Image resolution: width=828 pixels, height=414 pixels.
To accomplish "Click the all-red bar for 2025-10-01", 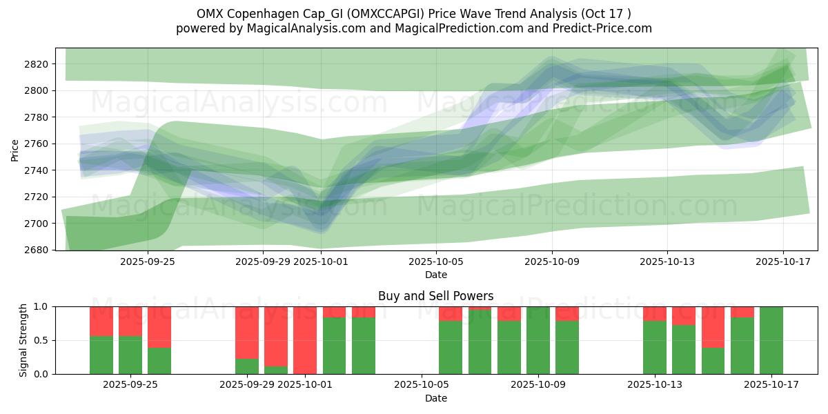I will tap(305, 340).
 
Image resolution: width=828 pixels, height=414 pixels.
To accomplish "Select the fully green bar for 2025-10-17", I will tap(771, 340).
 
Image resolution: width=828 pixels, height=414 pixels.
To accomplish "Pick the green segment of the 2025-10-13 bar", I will tap(654, 348).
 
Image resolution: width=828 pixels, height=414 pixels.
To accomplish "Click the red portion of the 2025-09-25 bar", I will tap(130, 321).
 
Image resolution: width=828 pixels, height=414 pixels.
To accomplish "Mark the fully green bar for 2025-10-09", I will tap(538, 340).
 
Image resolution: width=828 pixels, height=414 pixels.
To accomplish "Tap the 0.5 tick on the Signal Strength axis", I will tap(42, 340).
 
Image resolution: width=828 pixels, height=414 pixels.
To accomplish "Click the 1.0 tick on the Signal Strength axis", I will tap(42, 306).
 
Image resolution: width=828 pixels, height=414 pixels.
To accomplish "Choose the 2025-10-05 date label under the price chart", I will tap(436, 262).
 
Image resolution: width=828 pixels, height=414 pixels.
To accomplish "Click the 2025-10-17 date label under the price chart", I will tap(782, 262).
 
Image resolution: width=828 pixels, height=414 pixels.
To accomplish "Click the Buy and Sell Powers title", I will tap(435, 296).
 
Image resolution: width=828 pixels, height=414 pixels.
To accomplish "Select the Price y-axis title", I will tap(15, 149).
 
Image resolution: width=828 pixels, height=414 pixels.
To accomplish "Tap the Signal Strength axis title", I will tap(23, 340).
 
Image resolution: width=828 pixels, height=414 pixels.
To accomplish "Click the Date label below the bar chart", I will tap(435, 398).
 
